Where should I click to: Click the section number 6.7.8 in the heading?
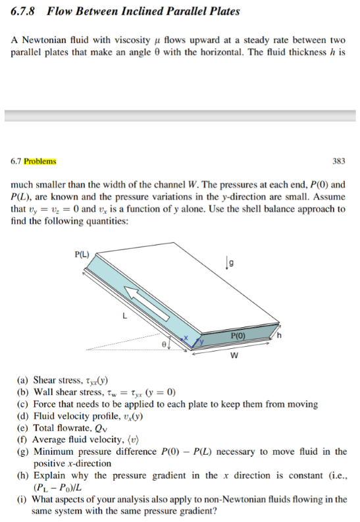pos(24,11)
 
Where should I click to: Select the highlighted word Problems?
pos(39,161)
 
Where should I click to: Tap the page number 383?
pos(339,161)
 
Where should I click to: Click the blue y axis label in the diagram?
pos(202,342)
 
